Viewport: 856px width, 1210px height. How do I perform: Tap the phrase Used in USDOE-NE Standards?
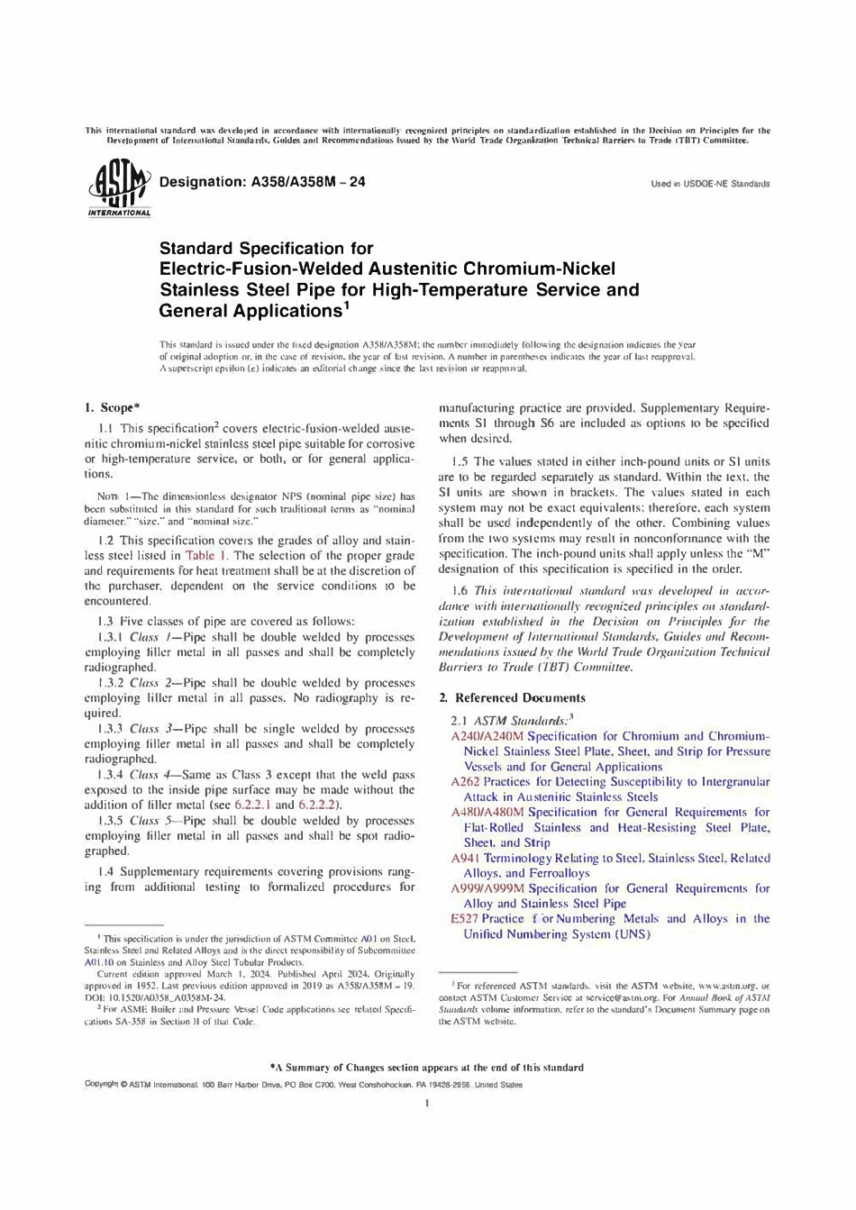point(710,184)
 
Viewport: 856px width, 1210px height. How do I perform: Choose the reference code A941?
point(464,858)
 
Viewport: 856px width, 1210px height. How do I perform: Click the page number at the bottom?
point(426,1103)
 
